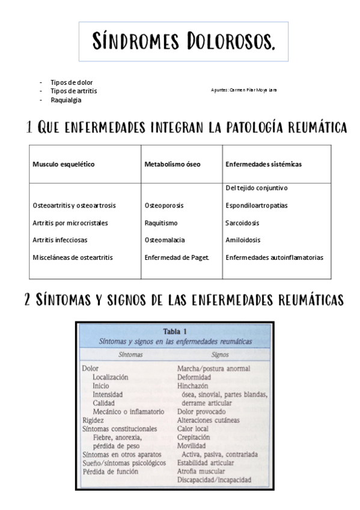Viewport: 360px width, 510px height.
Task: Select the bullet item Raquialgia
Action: click(66, 100)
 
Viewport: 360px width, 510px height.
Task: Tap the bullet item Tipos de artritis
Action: click(73, 91)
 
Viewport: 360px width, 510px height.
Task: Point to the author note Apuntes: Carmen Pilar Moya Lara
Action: click(244, 90)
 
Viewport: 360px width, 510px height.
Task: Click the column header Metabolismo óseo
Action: click(172, 164)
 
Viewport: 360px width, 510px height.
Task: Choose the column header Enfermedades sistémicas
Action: click(263, 164)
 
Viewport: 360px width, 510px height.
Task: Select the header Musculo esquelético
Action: click(64, 164)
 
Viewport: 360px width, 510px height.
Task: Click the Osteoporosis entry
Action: click(164, 206)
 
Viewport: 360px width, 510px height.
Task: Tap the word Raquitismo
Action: click(161, 223)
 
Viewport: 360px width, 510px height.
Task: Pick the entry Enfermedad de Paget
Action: click(177, 257)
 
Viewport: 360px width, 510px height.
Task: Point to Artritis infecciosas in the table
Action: click(59, 240)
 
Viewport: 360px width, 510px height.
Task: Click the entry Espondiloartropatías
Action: click(256, 206)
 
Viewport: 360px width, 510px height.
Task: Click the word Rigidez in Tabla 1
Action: click(93, 420)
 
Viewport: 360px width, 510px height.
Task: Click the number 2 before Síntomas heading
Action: click(28, 299)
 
